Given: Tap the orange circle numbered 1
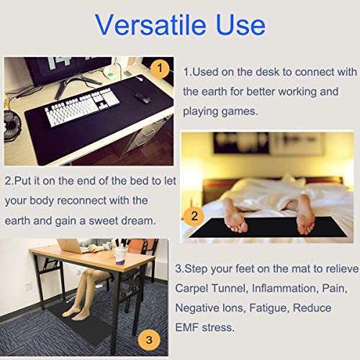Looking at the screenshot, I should (x=161, y=69).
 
